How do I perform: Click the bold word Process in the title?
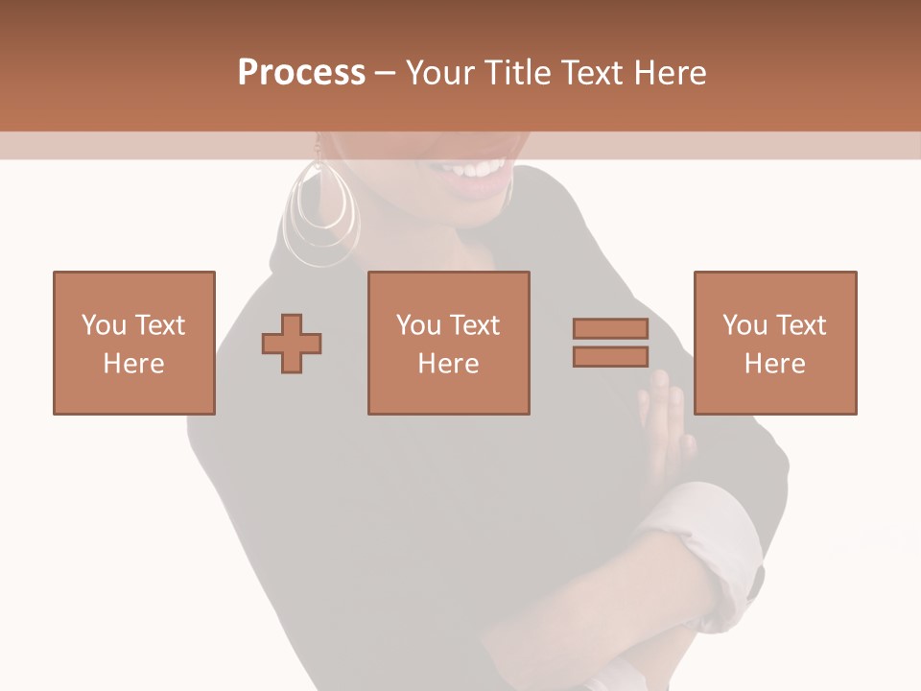point(301,73)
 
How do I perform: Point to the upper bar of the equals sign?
point(610,329)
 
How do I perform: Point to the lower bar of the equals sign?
point(610,356)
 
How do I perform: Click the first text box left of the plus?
point(134,344)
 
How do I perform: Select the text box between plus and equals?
point(449,344)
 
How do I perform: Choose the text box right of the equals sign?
point(775,344)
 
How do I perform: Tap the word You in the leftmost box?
point(103,325)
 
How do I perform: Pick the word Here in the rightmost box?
point(775,364)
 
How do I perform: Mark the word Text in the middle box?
point(475,325)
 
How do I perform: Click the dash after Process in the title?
point(385,73)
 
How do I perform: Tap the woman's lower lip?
point(480,185)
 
